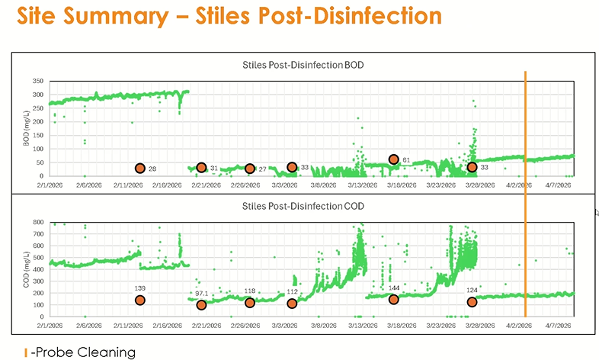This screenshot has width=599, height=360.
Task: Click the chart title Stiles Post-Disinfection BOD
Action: tap(302, 65)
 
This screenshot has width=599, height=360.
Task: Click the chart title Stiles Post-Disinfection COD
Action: tap(302, 207)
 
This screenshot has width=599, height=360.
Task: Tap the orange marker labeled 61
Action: tap(394, 159)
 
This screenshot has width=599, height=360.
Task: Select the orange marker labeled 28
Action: tap(140, 169)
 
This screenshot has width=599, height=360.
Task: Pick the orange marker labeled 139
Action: tap(140, 300)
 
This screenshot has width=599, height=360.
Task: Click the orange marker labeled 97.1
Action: tap(201, 305)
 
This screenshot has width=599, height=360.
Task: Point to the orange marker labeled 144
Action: tap(394, 300)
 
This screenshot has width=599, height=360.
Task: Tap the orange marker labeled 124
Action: tap(472, 302)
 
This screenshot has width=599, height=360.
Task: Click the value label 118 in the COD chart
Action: tap(249, 291)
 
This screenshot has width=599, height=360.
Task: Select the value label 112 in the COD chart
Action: tap(292, 291)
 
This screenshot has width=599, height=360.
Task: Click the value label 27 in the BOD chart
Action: tap(262, 169)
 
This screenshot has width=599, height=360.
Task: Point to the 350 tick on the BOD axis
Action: tap(37, 81)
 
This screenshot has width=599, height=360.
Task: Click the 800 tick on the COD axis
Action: tap(37, 222)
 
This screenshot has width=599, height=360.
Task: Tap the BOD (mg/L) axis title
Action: tap(25, 127)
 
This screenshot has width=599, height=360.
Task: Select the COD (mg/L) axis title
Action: tap(25, 268)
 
